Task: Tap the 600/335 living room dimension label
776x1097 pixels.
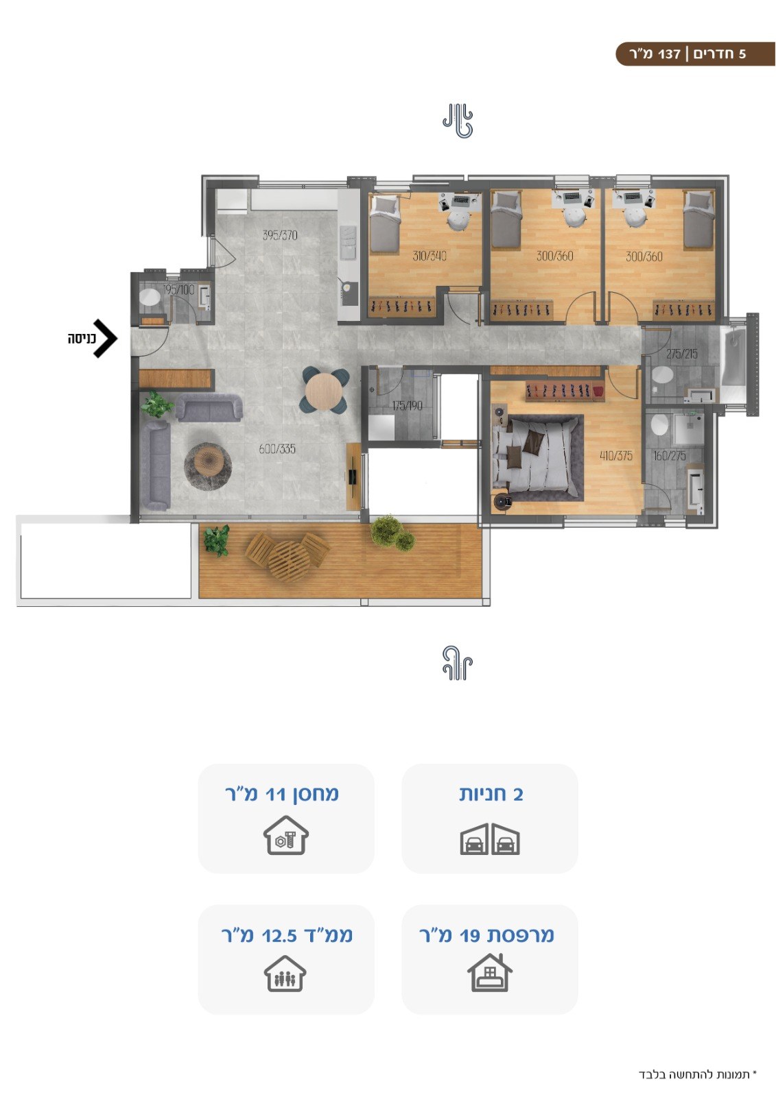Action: click(277, 448)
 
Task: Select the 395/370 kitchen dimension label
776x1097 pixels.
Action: click(280, 235)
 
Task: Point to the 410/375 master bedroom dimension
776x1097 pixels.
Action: click(616, 455)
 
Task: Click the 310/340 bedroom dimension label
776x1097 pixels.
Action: click(430, 256)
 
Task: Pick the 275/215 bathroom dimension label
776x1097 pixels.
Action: click(681, 354)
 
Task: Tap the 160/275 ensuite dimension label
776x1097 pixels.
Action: click(669, 455)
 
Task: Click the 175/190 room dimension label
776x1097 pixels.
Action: click(407, 405)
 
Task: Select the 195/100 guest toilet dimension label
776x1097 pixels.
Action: click(178, 289)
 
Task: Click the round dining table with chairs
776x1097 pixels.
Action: click(325, 390)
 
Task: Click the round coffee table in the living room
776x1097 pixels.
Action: click(208, 466)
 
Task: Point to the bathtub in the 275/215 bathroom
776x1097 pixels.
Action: click(732, 360)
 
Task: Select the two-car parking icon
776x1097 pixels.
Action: click(490, 839)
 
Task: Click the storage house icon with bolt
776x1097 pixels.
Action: click(286, 835)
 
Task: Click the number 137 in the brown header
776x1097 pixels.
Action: click(669, 54)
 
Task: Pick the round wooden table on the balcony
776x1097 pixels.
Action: click(289, 561)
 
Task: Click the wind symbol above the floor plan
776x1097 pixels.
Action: click(458, 121)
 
